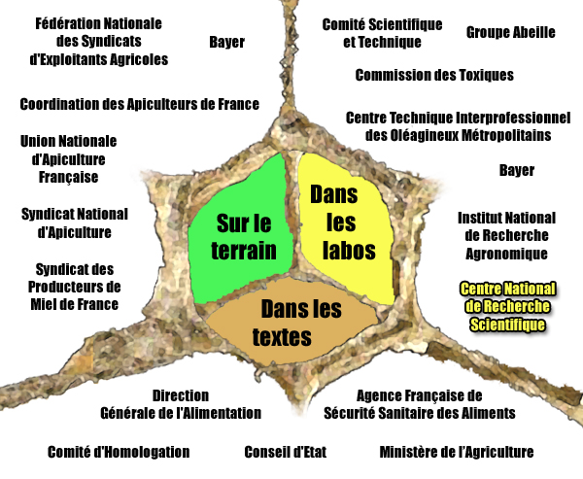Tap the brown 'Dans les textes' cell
(x=291, y=322)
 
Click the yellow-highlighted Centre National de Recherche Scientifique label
(x=507, y=307)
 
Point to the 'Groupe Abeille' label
(x=510, y=32)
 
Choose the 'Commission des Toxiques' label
(x=434, y=75)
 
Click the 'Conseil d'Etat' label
(x=285, y=452)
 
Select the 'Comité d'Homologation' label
(x=119, y=452)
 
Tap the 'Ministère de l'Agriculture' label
(x=457, y=452)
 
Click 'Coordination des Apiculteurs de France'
(x=139, y=104)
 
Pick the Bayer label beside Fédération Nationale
(x=226, y=42)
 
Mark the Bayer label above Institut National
(x=517, y=170)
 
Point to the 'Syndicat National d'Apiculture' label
(x=75, y=223)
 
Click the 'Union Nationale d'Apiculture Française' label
(x=68, y=159)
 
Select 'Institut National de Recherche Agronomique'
(x=507, y=236)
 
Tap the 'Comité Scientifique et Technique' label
(x=382, y=33)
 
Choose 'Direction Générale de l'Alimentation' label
(x=181, y=404)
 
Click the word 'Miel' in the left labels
(x=43, y=304)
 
